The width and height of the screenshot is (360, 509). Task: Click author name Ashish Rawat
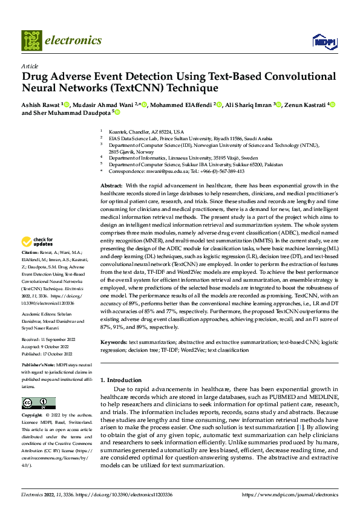click(x=41, y=105)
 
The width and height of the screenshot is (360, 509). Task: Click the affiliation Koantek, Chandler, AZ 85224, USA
click(x=145, y=131)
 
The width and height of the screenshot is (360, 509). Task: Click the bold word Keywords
click(x=115, y=342)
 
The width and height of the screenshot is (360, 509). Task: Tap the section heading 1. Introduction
click(x=120, y=380)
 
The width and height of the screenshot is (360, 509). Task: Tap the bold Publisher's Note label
click(x=38, y=366)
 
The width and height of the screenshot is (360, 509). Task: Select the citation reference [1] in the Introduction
click(x=298, y=427)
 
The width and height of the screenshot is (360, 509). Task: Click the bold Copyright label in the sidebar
click(x=32, y=416)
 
